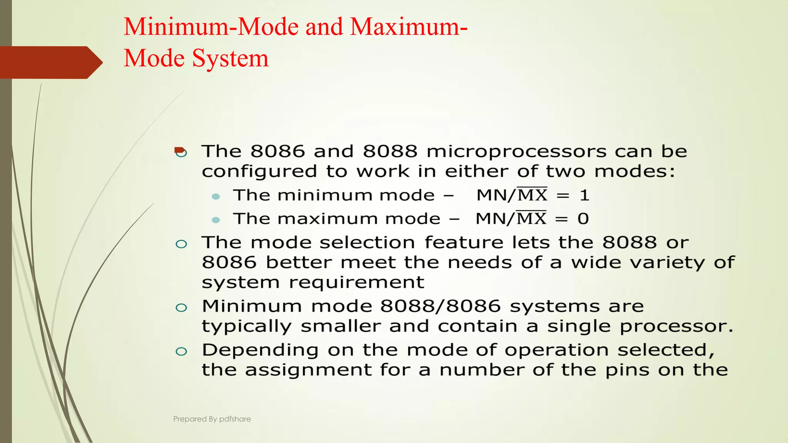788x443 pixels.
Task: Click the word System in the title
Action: [x=230, y=58]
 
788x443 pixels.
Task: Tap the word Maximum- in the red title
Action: [x=409, y=27]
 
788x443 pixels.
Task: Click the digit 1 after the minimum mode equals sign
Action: [x=584, y=195]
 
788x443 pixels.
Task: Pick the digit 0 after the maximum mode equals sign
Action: [x=583, y=219]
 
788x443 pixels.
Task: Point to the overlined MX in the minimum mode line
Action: [x=532, y=195]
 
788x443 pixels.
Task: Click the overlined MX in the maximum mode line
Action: [x=531, y=218]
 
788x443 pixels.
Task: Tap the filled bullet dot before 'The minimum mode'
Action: [x=216, y=197]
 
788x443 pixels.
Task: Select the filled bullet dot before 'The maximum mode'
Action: [x=216, y=220]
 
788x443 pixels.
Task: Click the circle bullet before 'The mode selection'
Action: [x=181, y=244]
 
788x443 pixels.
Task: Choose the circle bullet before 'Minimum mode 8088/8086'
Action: [x=181, y=307]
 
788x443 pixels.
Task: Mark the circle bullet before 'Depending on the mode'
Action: [x=181, y=351]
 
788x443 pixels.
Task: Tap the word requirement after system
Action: [x=356, y=283]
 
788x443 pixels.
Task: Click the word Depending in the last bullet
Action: [x=260, y=350]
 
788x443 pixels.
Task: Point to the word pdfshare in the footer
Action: [x=235, y=419]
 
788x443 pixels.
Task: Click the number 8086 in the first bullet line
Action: [x=277, y=151]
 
